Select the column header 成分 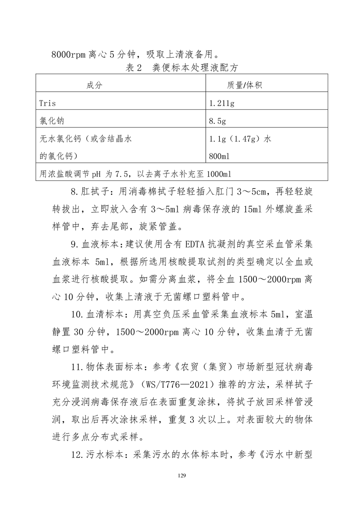[95, 85]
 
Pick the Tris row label [48, 103]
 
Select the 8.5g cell [217, 121]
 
